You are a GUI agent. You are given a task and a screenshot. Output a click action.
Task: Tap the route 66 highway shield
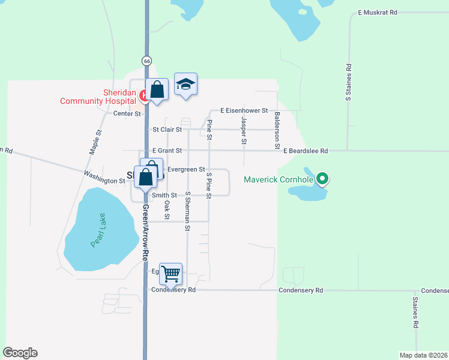coord(146,61)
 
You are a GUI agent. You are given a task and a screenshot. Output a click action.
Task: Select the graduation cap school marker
coord(186,85)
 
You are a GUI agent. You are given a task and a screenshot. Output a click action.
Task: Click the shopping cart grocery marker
coord(171,274)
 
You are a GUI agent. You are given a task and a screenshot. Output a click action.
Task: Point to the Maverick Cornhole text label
coord(280,179)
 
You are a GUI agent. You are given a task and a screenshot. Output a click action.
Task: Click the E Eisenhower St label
coord(244,110)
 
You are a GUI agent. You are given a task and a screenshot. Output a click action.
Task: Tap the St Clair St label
coord(167,129)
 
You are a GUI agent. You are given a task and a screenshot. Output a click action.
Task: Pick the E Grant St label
coord(167,151)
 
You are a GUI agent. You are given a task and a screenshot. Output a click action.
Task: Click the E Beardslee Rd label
coord(306,151)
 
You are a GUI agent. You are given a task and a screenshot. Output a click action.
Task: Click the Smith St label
coord(164,195)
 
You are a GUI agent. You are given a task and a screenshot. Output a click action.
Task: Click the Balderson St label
coord(277,130)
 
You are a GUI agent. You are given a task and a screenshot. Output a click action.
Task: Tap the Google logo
coord(20,353)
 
